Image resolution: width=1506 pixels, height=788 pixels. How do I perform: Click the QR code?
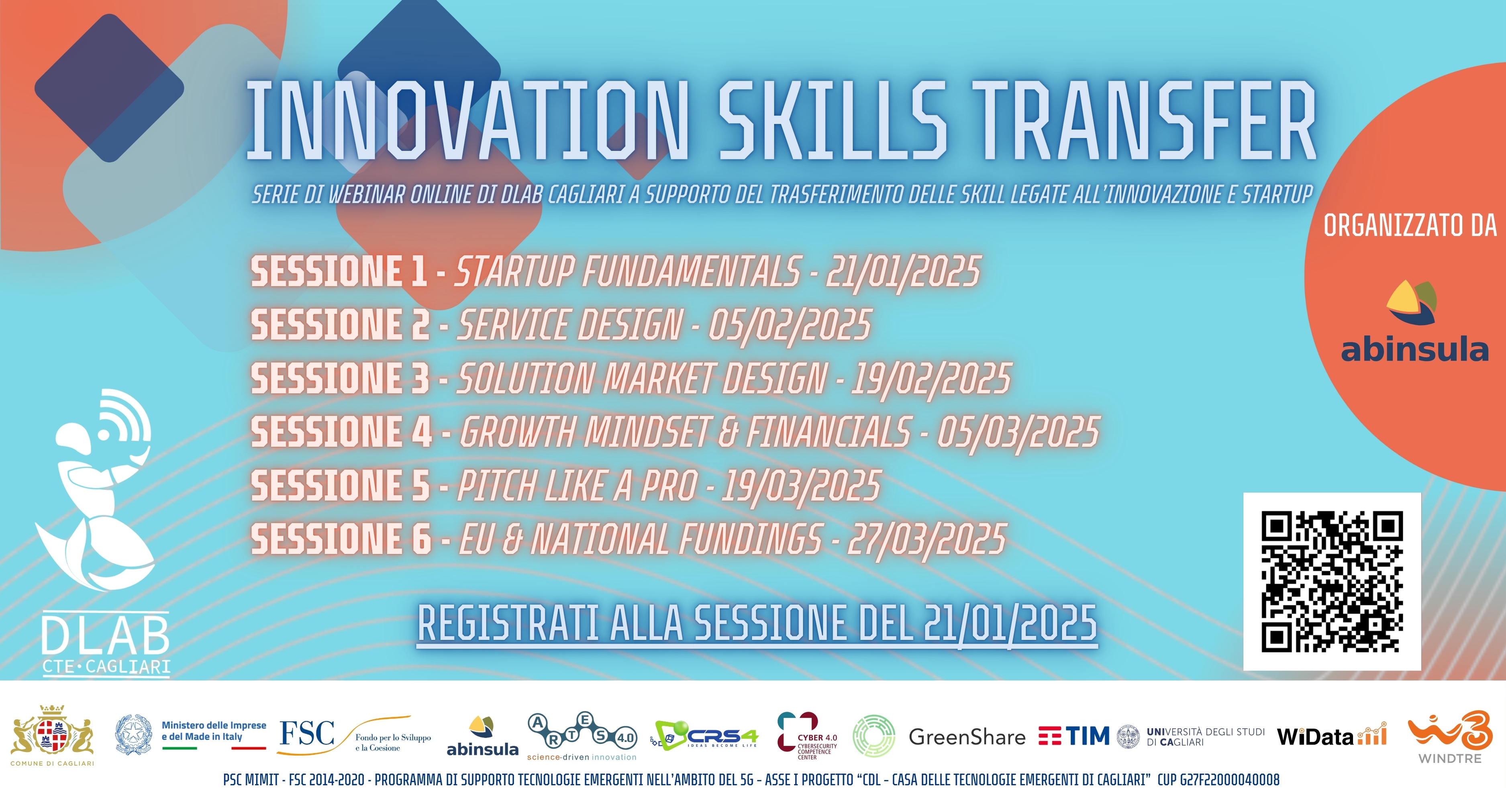click(1332, 582)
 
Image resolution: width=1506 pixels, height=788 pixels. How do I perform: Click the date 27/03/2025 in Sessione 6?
click(927, 539)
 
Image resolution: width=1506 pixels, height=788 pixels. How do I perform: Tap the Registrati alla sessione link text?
click(757, 624)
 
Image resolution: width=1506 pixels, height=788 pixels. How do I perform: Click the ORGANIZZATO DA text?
click(1410, 226)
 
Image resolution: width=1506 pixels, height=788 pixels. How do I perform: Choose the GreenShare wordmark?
click(967, 737)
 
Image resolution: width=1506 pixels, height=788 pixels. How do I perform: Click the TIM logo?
click(1074, 736)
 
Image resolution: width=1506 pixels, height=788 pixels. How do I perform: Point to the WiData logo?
click(1332, 735)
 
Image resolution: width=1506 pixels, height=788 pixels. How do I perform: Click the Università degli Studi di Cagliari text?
click(1206, 737)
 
